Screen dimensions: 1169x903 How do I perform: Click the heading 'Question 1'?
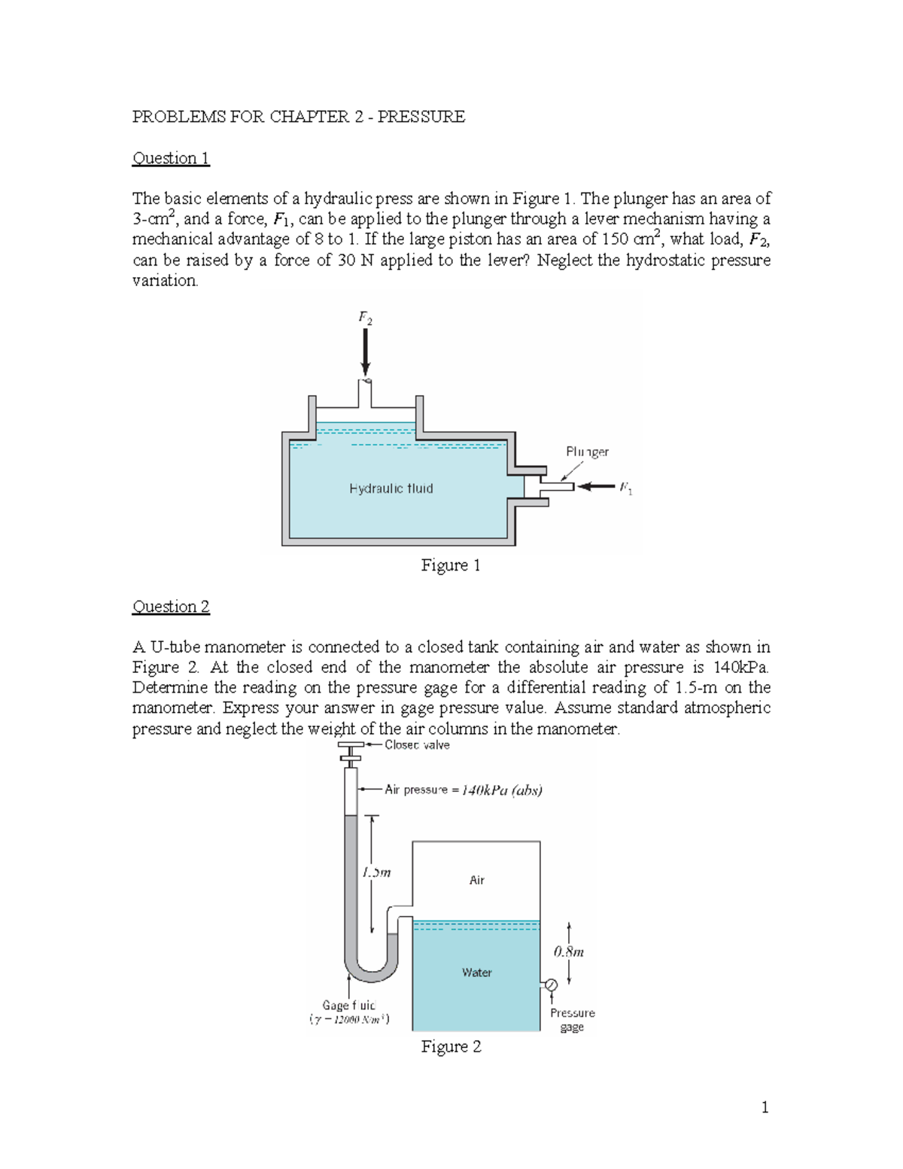tap(171, 158)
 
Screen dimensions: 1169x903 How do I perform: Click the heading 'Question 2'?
tap(171, 606)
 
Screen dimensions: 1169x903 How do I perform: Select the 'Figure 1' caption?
tap(450, 565)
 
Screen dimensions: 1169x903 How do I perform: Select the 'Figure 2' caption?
tap(450, 1046)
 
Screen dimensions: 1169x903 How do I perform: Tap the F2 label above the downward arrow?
tap(364, 318)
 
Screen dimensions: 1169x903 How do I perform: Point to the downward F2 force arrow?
tap(366, 354)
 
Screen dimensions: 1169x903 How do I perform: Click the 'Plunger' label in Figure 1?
tap(587, 452)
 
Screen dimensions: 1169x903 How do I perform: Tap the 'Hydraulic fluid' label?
tap(391, 489)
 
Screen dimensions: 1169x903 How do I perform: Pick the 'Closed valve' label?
tap(417, 745)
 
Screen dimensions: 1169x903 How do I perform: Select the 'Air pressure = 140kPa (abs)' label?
tap(463, 790)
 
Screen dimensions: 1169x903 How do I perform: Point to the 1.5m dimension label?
tap(376, 874)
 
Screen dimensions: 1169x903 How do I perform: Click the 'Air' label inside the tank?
tap(477, 880)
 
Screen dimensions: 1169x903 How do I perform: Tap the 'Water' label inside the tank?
tap(477, 973)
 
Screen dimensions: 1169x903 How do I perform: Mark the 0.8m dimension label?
tap(569, 951)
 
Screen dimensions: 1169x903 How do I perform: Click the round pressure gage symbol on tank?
tap(550, 985)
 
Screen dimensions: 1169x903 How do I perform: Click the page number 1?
tap(765, 1107)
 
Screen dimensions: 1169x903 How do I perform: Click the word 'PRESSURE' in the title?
tap(424, 117)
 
